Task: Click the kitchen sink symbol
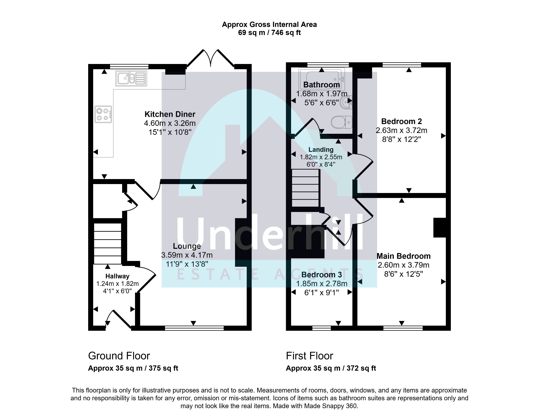(x=131, y=78)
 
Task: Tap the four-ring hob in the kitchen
(x=103, y=114)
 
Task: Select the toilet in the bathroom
(x=342, y=122)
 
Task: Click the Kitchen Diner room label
(x=170, y=114)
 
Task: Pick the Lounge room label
(x=187, y=246)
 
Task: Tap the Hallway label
(x=117, y=276)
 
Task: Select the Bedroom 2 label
(x=401, y=121)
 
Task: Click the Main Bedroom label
(x=403, y=256)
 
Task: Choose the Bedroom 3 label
(x=322, y=275)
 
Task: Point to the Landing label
(x=321, y=150)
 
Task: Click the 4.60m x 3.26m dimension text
(x=170, y=123)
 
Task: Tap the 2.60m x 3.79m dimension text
(x=403, y=265)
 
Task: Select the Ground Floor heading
(x=119, y=356)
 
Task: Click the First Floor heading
(x=310, y=356)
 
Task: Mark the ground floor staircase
(x=108, y=244)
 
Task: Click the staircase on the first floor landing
(x=306, y=188)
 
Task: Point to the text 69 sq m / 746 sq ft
(x=269, y=33)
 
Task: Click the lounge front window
(x=194, y=328)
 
